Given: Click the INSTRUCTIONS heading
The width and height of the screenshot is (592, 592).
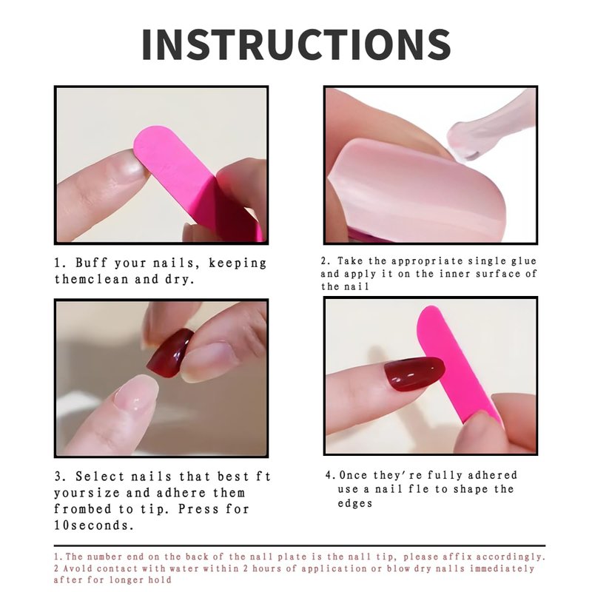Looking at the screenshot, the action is pyautogui.click(x=297, y=44).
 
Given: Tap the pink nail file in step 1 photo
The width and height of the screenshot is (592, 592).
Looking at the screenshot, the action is pyautogui.click(x=196, y=181).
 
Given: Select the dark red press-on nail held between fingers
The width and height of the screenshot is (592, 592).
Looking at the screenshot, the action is pyautogui.click(x=171, y=353).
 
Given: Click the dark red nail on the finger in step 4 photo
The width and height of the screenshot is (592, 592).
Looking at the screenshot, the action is pyautogui.click(x=414, y=374).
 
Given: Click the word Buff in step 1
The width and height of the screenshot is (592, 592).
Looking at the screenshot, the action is pyautogui.click(x=91, y=263).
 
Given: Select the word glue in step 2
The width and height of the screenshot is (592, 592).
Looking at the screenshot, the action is pyautogui.click(x=524, y=261).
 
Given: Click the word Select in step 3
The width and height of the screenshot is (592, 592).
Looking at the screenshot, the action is pyautogui.click(x=100, y=477).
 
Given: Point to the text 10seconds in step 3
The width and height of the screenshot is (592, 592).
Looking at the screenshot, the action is pyautogui.click(x=94, y=525).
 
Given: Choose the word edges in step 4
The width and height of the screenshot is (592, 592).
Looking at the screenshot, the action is pyautogui.click(x=355, y=504).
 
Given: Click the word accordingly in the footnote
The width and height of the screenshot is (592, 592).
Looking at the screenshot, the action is pyautogui.click(x=511, y=557).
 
